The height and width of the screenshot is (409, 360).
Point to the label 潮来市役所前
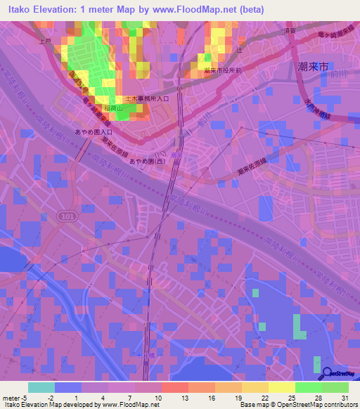tap(223, 72)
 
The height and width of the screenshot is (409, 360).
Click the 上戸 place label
tap(46, 41)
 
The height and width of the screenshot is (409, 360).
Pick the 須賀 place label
tap(289, 31)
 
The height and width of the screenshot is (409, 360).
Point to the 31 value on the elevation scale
tap(345, 398)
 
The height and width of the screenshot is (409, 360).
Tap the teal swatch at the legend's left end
tap(41, 387)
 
